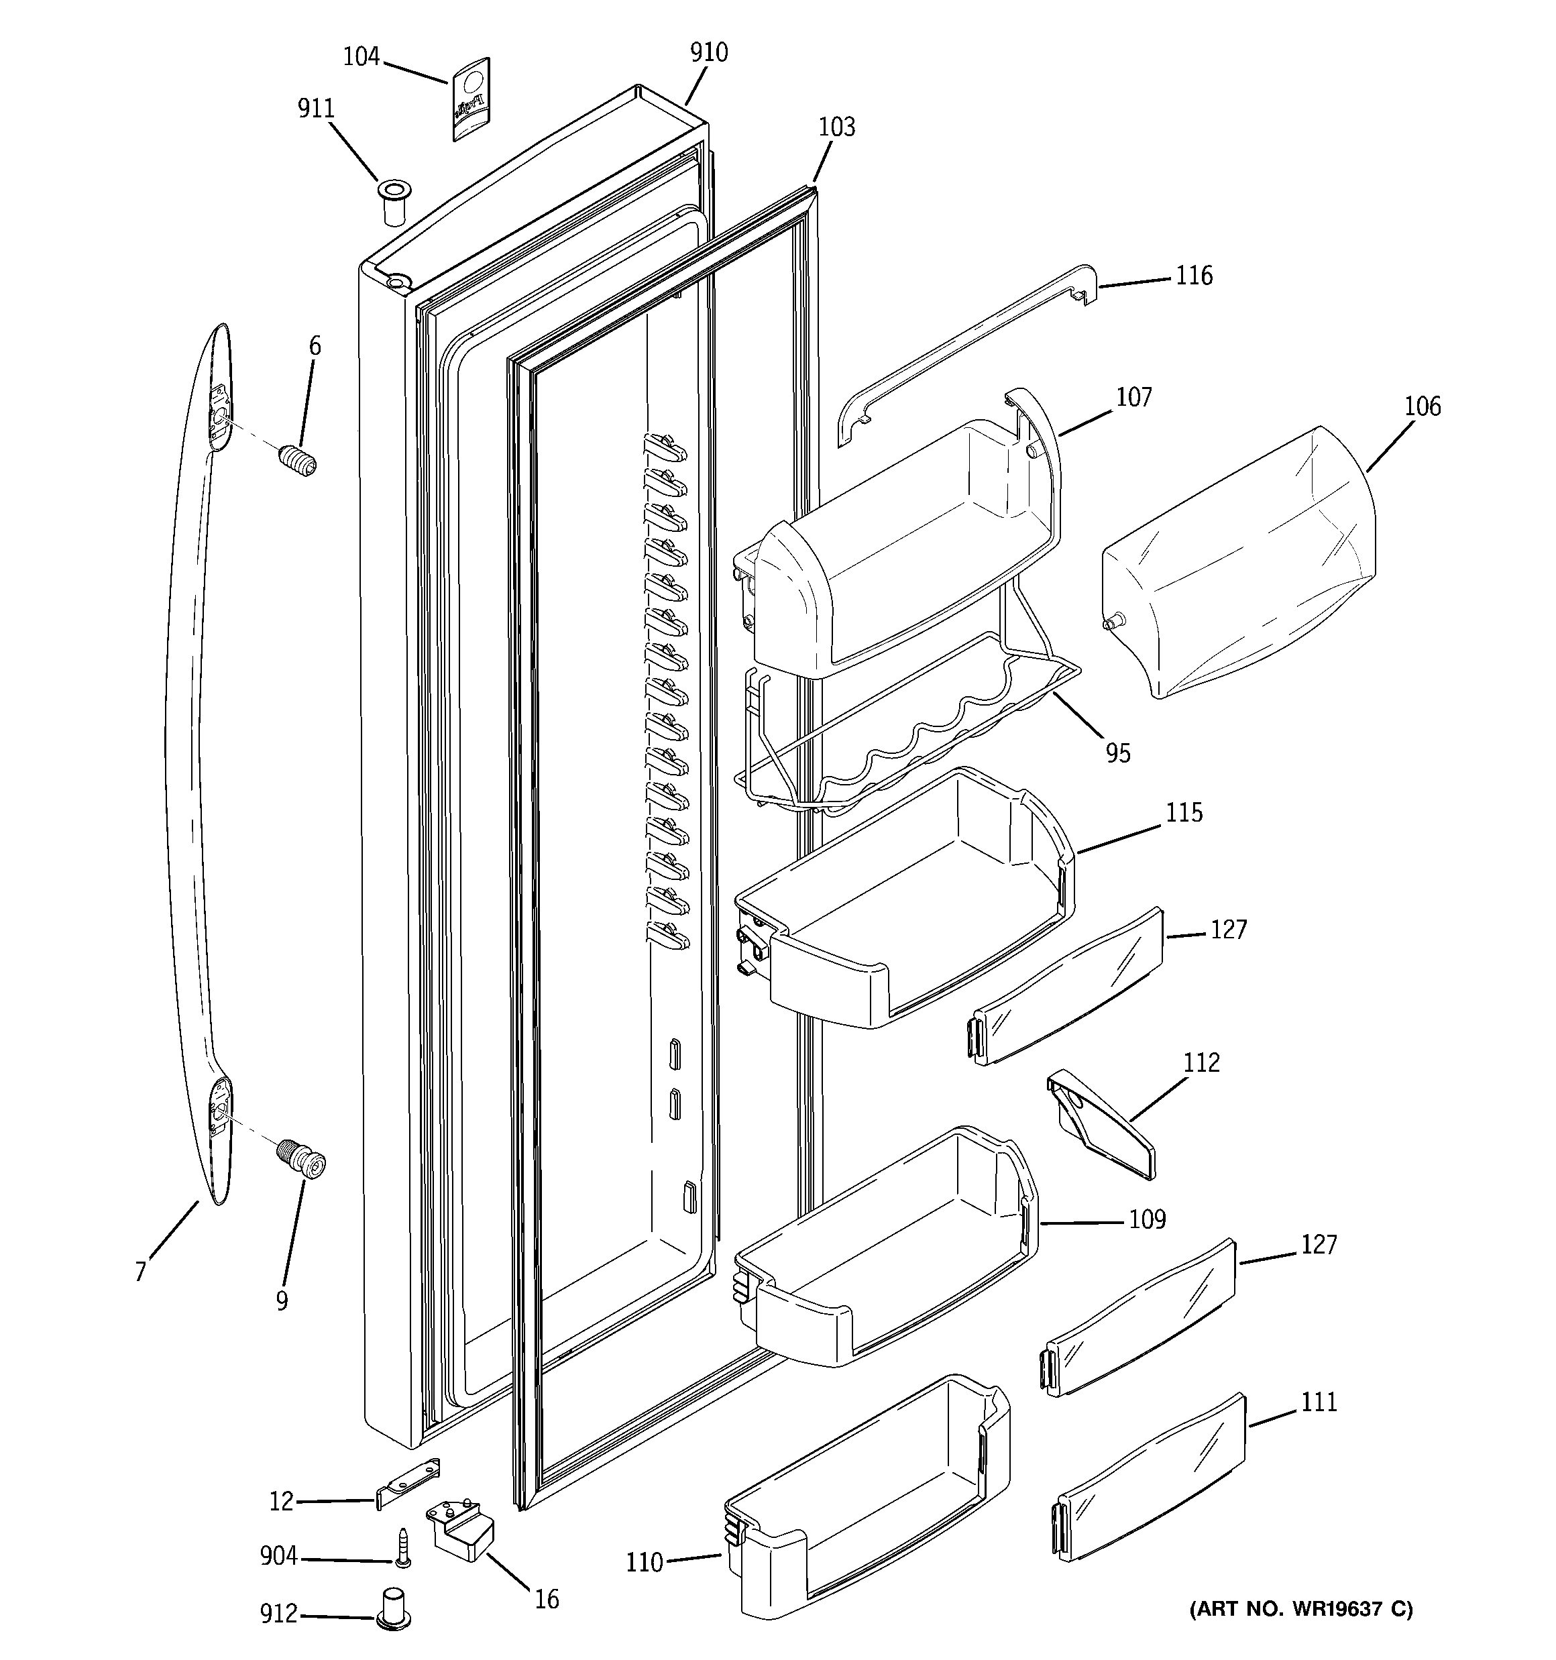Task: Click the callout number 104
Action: pos(361,58)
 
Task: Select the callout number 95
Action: pos(1117,753)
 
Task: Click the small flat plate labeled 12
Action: pos(408,1483)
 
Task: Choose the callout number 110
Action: pos(644,1561)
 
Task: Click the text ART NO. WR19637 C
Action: pos(1300,1609)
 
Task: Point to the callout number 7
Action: pos(140,1272)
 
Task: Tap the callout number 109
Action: pos(1147,1220)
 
